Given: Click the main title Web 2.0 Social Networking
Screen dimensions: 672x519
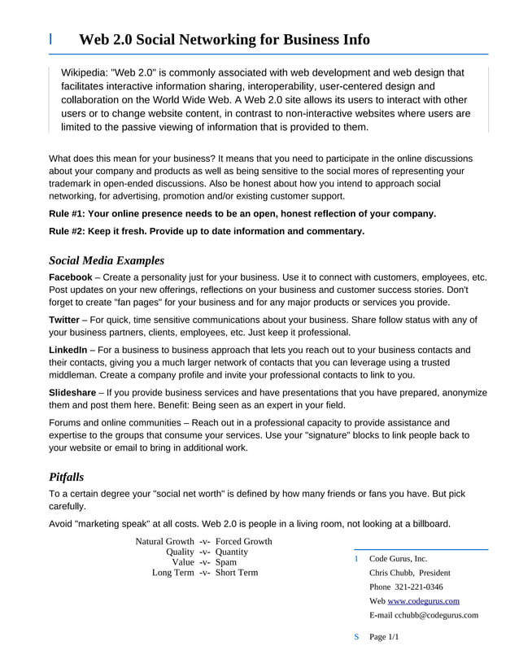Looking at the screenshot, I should [x=224, y=39].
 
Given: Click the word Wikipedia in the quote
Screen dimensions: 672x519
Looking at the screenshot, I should [x=85, y=72].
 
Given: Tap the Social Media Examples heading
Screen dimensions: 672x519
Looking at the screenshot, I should [x=107, y=260].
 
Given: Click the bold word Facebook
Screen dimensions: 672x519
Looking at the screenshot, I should [x=71, y=277].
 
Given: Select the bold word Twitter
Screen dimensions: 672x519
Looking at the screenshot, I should [x=64, y=320].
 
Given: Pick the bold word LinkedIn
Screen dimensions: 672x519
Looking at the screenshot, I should [x=68, y=350].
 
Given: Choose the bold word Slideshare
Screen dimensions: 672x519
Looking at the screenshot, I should [x=72, y=392].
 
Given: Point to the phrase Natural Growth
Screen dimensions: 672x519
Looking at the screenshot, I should [x=164, y=542].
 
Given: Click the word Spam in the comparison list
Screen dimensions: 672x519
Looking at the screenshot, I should [x=226, y=562].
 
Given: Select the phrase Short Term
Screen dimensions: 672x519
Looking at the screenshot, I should [x=237, y=573].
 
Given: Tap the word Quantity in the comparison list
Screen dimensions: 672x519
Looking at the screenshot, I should [x=232, y=552].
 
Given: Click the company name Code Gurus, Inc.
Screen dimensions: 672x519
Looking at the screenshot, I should [x=398, y=559].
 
